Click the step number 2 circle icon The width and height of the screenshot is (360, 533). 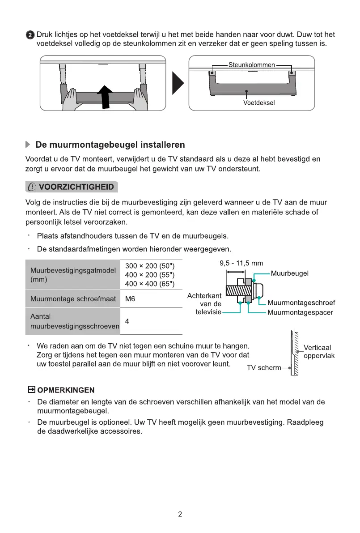(x=30, y=35)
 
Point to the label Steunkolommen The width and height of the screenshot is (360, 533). (x=251, y=65)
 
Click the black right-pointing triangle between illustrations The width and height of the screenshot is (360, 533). (x=178, y=83)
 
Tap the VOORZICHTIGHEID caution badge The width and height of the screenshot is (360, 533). (x=72, y=187)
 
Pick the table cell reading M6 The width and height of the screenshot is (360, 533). (x=130, y=298)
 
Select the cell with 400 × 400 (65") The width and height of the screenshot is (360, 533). (x=149, y=284)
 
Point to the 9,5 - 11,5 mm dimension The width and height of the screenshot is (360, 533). (x=241, y=264)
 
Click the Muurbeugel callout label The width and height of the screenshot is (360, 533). (x=289, y=273)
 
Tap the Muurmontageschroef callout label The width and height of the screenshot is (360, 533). (x=301, y=303)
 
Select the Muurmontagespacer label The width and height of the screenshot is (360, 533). (x=300, y=312)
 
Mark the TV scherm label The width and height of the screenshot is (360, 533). (x=264, y=368)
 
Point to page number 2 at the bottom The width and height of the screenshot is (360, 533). (x=180, y=514)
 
